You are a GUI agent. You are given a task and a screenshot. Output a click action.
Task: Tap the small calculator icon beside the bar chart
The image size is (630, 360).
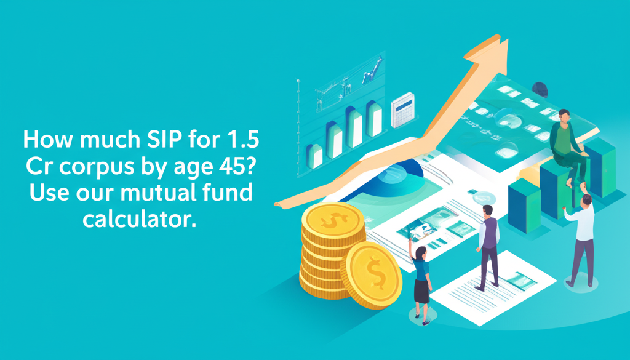(403, 110)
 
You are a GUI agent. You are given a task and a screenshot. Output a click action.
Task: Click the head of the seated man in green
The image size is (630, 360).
(564, 116)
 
